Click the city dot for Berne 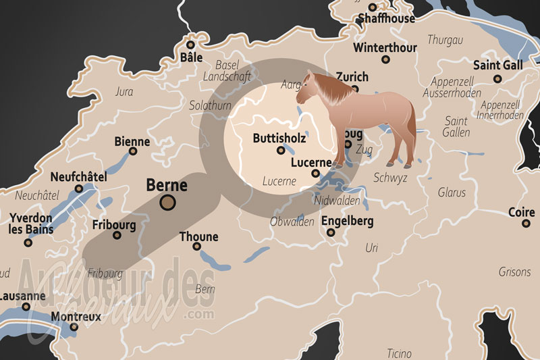167,202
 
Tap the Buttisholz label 279,138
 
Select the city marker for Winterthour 385,59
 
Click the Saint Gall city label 498,66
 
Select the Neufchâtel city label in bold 78,177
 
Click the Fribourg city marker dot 117,236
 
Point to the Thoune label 198,236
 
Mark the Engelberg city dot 331,232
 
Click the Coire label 521,212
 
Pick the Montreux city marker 74,327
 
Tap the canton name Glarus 452,192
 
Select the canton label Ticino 399,353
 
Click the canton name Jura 124,92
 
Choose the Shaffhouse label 386,18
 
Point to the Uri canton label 371,249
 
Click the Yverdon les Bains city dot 28,242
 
